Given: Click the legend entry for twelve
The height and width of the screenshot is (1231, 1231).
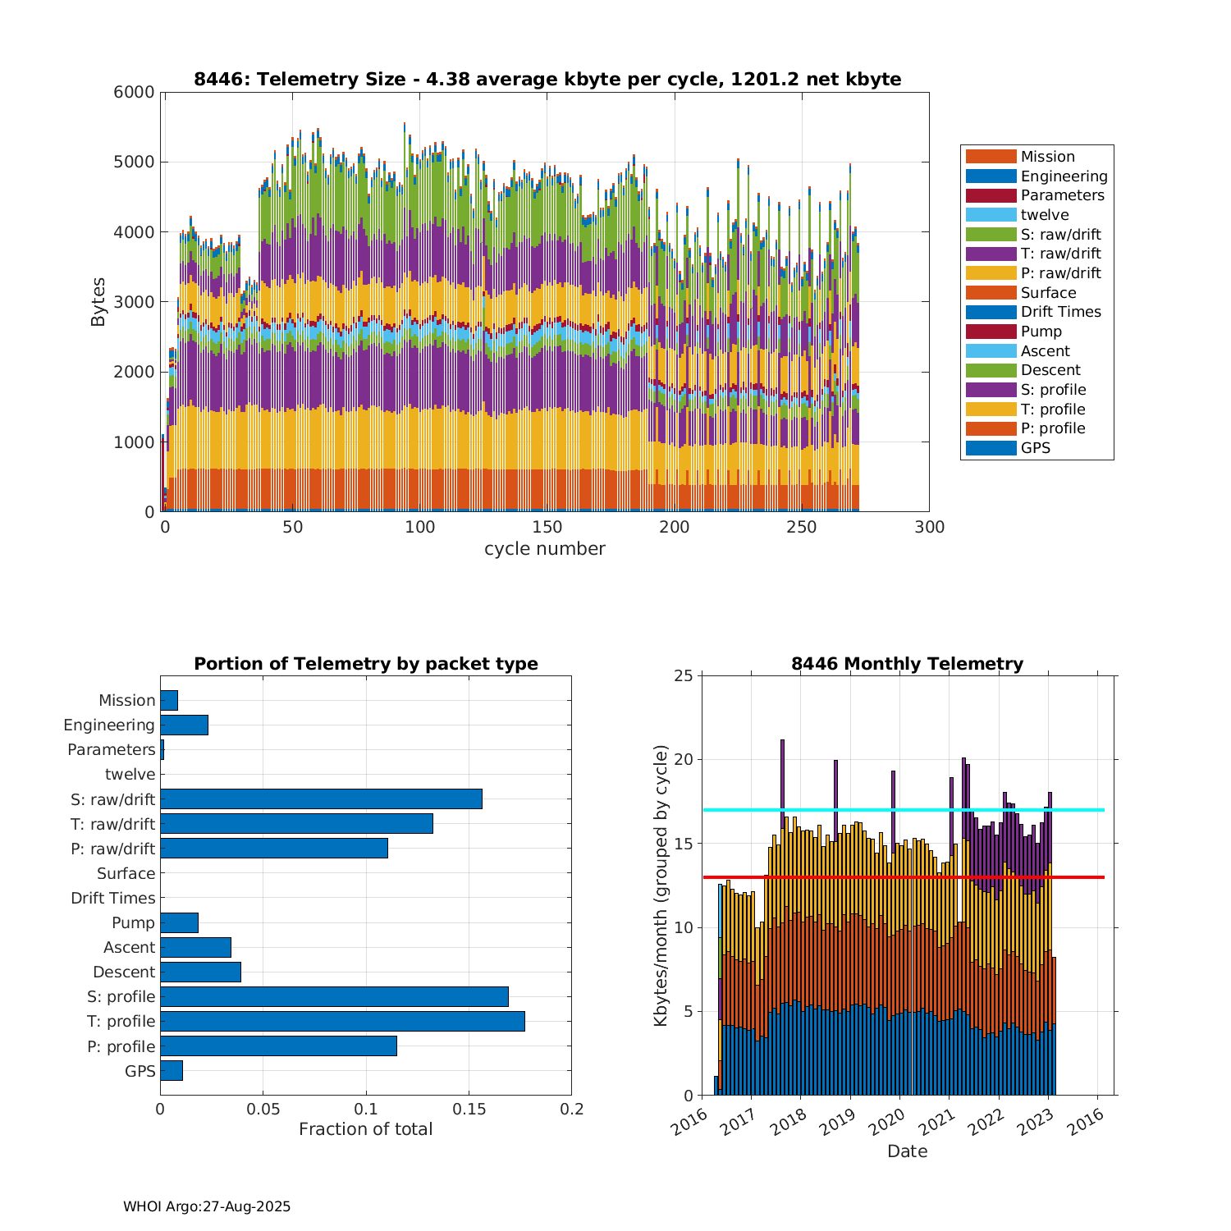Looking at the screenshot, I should [1044, 215].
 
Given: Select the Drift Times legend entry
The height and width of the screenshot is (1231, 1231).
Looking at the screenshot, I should [1060, 312].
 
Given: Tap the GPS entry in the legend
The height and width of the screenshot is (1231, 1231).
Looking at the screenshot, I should [1035, 448].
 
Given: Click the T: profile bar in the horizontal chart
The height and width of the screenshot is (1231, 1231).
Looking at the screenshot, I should [342, 1021].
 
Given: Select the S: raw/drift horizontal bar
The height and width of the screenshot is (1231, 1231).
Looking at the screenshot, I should [321, 799].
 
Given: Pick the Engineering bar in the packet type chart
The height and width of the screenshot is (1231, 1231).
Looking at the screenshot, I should [184, 725].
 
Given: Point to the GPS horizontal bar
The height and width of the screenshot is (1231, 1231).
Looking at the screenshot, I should [172, 1070].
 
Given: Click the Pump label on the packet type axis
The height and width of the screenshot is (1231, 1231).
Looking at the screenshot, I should [133, 922].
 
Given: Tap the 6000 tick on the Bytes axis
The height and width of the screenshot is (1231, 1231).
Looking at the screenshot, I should [133, 92].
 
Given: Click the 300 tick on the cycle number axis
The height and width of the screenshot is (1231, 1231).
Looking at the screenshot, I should [929, 527].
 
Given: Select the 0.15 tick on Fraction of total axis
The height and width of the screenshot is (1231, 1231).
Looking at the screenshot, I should [469, 1110].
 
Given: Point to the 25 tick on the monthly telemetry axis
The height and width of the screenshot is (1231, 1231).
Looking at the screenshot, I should [684, 675].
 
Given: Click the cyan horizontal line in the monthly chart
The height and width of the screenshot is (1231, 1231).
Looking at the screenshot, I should [903, 810].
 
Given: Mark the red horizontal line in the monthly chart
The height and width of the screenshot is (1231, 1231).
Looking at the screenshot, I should [903, 877].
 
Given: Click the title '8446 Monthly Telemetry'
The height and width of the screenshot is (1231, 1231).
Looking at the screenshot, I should [907, 663].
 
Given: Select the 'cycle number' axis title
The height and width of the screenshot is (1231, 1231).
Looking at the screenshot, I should [544, 548].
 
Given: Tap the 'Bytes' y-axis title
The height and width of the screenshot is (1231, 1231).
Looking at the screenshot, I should [98, 302].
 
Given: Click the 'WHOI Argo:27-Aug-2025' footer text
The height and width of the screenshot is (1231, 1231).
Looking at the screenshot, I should [207, 1206].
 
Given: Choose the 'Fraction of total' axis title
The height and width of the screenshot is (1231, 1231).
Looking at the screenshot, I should [365, 1129].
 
